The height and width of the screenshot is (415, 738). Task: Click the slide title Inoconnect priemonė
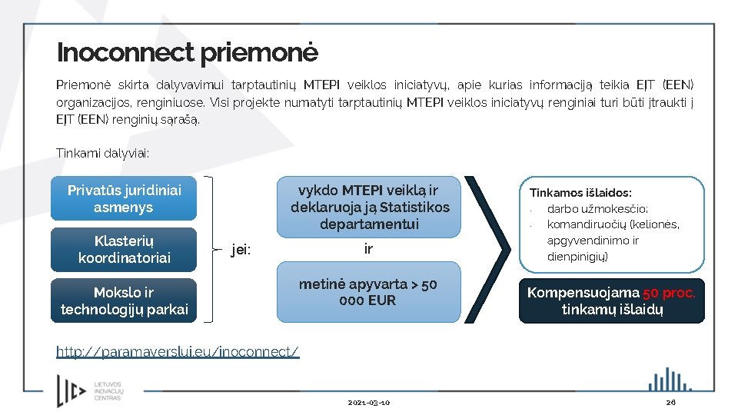point(187,53)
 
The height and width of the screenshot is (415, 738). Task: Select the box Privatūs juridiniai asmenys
point(124,199)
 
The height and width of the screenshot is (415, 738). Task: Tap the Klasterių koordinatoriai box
point(124,250)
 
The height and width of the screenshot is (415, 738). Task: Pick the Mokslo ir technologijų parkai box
point(124,300)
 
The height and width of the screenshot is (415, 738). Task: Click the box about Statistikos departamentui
point(370,207)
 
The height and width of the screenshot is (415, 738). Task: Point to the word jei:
point(241,250)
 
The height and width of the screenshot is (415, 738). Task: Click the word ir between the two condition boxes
point(368,249)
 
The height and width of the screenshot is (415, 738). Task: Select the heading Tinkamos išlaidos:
point(580,193)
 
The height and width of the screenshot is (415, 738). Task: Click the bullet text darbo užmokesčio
point(597,209)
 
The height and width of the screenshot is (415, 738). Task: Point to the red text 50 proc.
point(669,293)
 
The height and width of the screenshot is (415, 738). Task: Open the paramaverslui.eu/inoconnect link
point(178,352)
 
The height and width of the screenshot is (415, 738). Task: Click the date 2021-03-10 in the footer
point(368,403)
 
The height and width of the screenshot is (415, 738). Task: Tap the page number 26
point(670,403)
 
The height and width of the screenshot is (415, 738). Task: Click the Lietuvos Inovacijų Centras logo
point(90,390)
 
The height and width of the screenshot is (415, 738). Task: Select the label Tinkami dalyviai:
point(102,154)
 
